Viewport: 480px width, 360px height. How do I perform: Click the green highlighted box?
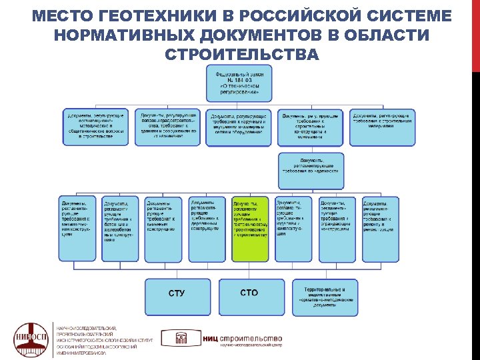pyautogui.click(x=250, y=229)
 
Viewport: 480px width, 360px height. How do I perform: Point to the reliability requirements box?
pyautogui.click(x=311, y=170)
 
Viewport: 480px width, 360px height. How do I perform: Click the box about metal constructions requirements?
pyautogui.click(x=77, y=229)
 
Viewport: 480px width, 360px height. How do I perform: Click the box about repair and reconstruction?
pyautogui.click(x=380, y=229)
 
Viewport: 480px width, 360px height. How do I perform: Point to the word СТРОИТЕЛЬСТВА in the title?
pyautogui.click(x=241, y=53)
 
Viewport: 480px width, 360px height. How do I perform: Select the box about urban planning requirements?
pyautogui.click(x=167, y=127)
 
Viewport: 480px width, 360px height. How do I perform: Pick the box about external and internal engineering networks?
pyautogui.click(x=239, y=127)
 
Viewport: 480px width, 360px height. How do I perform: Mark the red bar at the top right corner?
pyautogui.click(x=475, y=33)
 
